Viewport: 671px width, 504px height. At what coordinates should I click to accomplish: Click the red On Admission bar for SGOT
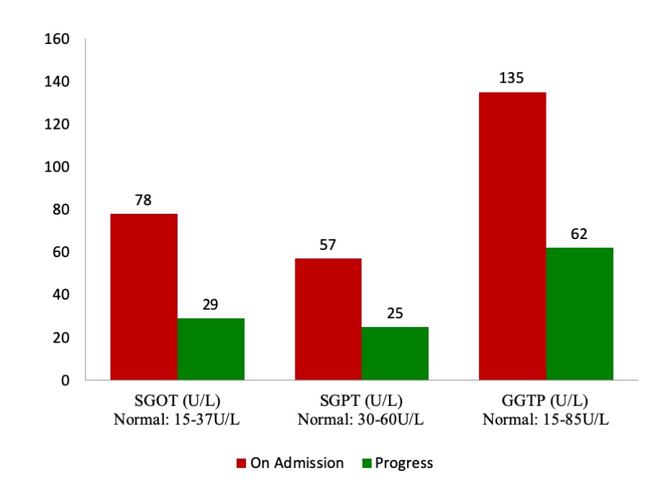coord(144,297)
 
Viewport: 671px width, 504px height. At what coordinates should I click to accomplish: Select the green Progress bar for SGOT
coord(211,349)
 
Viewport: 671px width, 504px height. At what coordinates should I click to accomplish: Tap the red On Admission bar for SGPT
coord(328,319)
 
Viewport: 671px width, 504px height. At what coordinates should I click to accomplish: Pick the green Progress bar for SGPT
coord(395,354)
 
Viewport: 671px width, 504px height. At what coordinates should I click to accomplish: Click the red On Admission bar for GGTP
coord(512,236)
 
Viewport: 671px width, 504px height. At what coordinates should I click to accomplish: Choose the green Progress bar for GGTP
coord(580,314)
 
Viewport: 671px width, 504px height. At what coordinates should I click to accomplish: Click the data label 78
coord(144,200)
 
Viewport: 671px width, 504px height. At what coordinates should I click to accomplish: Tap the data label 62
coord(580,234)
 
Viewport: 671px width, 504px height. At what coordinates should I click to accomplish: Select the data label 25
coord(395,313)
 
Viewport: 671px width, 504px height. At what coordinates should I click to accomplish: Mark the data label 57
coord(328,245)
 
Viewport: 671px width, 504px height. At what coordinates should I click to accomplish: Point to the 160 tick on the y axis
coord(57,39)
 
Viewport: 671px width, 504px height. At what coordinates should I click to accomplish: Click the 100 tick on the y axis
coord(57,167)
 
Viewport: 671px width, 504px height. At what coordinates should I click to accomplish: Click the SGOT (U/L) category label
coord(177,400)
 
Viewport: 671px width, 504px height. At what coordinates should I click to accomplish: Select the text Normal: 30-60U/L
coord(362,420)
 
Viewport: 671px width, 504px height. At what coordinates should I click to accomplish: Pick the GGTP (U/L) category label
coord(546,400)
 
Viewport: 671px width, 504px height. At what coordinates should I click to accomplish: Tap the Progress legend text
coord(403,464)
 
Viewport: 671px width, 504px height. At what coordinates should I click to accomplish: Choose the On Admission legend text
coord(296,464)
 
